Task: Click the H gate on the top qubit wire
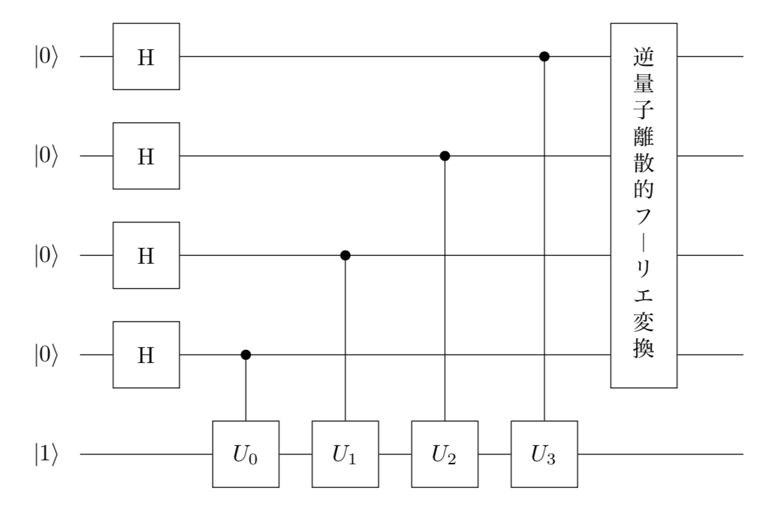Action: [x=146, y=57]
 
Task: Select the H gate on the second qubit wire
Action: [x=146, y=156]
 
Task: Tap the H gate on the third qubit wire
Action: [x=146, y=255]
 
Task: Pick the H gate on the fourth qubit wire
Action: [x=146, y=355]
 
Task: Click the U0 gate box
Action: [x=245, y=454]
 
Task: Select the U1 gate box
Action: [x=345, y=454]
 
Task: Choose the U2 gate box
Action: [x=445, y=454]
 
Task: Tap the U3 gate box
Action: [x=544, y=454]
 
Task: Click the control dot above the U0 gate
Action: [x=245, y=355]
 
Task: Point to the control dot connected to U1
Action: [x=345, y=255]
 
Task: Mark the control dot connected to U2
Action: [x=445, y=156]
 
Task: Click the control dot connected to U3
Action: [x=544, y=57]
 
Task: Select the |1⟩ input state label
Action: [x=47, y=454]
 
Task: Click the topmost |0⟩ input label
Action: [x=47, y=57]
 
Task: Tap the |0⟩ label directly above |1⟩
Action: [x=47, y=355]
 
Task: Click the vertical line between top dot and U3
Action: [x=544, y=237]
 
